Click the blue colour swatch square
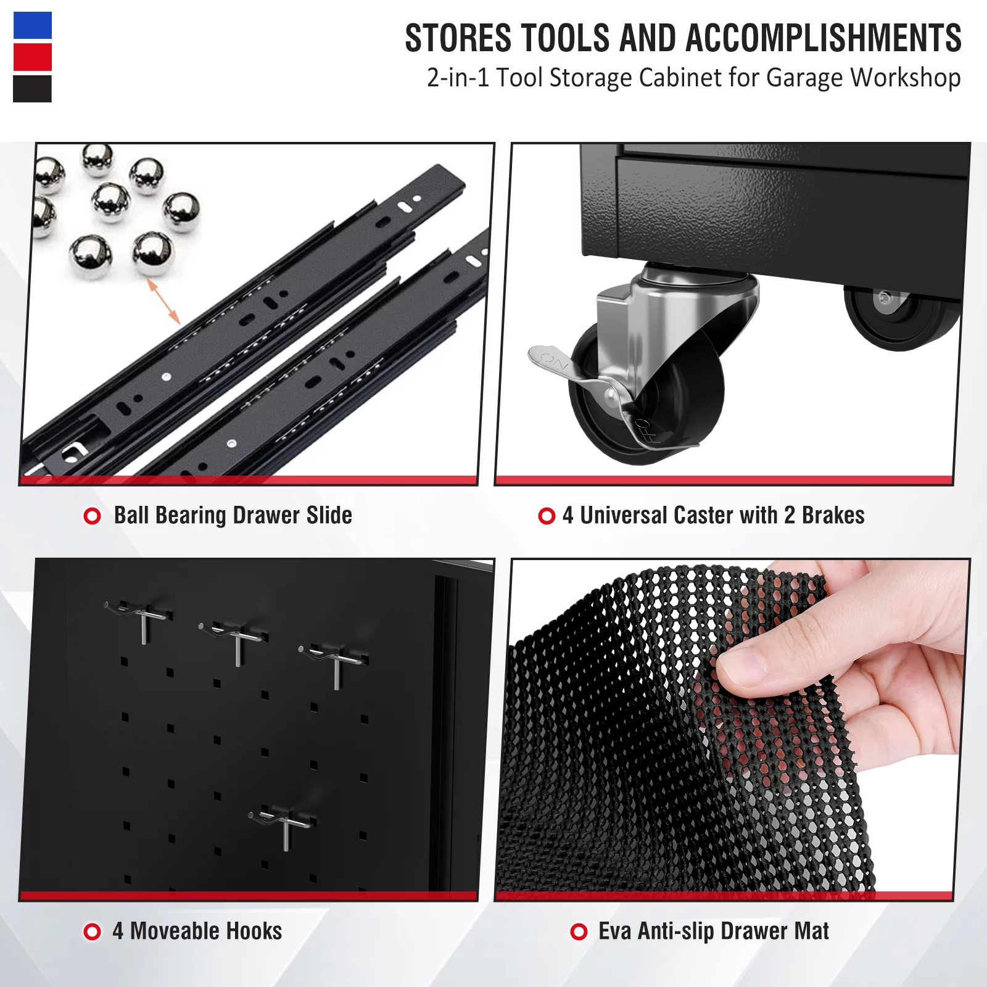pos(33,25)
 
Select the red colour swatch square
pos(33,57)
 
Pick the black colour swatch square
pos(33,89)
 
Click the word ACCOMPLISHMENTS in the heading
pos(823,38)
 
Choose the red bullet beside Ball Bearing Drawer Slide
pos(93,516)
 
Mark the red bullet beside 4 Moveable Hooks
pos(93,931)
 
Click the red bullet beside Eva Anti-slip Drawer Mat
pos(579,931)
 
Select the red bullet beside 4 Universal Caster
pos(547,516)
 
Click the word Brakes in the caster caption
pos(833,515)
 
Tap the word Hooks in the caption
pos(254,931)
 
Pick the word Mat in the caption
pos(811,931)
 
